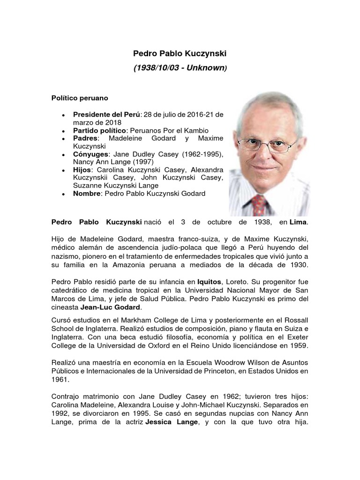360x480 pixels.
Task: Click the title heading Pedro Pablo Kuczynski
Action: tap(180, 55)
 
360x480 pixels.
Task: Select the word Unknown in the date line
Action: tap(204, 68)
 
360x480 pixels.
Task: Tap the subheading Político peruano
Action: tap(80, 98)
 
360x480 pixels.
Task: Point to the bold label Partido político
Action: tap(99, 130)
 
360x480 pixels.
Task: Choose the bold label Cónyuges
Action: tap(90, 154)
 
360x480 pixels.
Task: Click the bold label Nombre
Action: tap(87, 194)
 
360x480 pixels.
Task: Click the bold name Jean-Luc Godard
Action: tap(110, 307)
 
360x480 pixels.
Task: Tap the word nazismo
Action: tap(66, 256)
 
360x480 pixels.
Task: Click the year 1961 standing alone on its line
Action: tap(59, 381)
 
